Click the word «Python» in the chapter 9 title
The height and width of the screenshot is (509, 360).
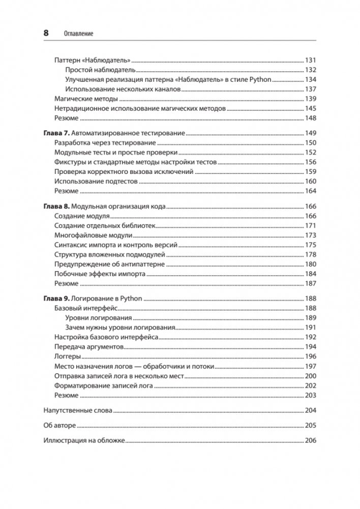[x=131, y=298]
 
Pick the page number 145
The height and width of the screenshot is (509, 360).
[x=310, y=109]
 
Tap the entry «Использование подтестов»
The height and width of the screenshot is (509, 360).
[x=96, y=182]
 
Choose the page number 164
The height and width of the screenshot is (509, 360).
[x=310, y=191]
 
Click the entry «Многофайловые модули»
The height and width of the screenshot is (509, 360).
[x=93, y=235]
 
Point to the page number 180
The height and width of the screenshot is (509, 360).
[x=310, y=264]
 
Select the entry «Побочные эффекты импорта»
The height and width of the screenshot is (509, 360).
[x=100, y=274]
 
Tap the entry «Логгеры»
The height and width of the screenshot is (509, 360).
[x=66, y=356]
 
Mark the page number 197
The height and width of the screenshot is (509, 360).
[x=310, y=366]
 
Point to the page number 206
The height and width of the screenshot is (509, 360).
[x=310, y=440]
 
